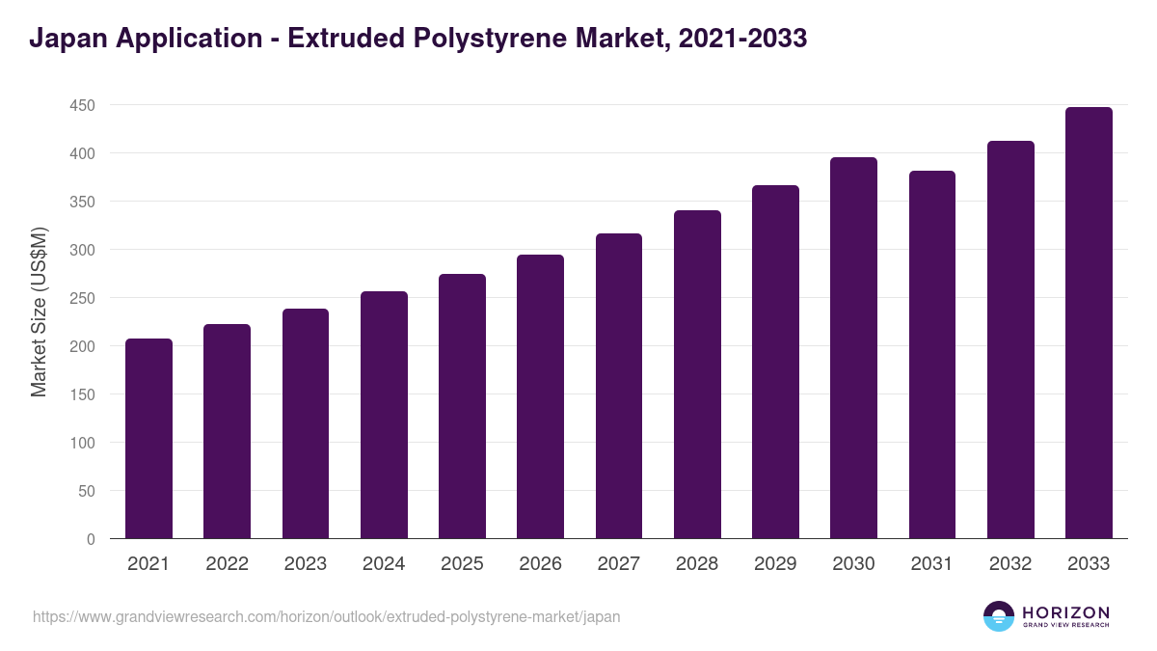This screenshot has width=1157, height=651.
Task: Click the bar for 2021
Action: [x=148, y=439]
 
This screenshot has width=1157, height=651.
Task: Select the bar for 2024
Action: [x=384, y=415]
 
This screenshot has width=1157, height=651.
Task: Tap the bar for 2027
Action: [x=619, y=386]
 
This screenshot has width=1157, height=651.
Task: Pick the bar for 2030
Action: [x=853, y=348]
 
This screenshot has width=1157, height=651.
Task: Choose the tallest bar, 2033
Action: [x=1089, y=323]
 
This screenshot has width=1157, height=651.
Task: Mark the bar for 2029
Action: [x=775, y=362]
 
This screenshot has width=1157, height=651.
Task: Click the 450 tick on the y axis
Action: [x=82, y=105]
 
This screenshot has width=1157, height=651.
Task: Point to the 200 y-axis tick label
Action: [x=82, y=346]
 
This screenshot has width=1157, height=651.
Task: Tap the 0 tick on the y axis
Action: [x=91, y=539]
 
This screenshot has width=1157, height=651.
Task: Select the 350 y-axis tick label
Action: [x=82, y=202]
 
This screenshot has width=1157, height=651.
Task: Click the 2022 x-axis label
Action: [x=227, y=564]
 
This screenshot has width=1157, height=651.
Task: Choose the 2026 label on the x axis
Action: [x=540, y=564]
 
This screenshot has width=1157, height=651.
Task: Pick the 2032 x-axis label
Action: [x=1010, y=564]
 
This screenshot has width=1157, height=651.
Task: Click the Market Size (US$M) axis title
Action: [x=39, y=312]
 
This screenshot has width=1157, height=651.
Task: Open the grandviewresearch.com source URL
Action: [x=326, y=616]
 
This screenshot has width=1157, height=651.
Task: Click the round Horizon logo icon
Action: [x=999, y=616]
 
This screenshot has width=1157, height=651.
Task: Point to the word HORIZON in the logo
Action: [x=1065, y=611]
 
